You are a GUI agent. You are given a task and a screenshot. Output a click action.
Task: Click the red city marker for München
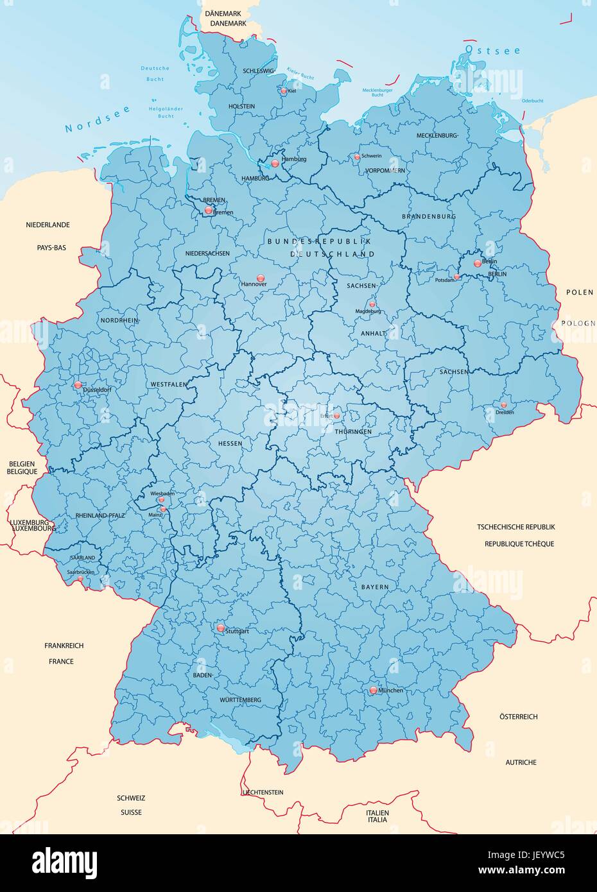pos(374,690)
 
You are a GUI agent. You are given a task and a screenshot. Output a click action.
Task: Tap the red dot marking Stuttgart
pos(221,628)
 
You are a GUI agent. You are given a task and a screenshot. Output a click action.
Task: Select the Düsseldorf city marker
pos(78,385)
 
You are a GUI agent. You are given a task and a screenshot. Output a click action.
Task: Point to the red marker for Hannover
pos(260,278)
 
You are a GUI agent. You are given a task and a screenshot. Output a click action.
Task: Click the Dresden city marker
pos(504,405)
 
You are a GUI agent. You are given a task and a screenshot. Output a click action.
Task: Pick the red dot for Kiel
pos(284,91)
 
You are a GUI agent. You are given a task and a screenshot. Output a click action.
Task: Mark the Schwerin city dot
pos(358,157)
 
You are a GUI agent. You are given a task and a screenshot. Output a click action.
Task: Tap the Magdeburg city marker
pos(372,304)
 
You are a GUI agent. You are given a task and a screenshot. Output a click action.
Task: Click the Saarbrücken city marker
pos(80,578)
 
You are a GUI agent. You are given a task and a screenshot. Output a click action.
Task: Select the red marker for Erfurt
pos(336,415)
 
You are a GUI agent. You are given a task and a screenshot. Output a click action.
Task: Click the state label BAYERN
pos(374,587)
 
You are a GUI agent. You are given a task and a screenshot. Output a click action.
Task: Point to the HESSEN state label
pos(230,443)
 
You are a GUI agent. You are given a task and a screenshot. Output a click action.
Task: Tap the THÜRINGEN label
pos(353,432)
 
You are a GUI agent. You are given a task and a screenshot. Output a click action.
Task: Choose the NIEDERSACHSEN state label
pos(207,253)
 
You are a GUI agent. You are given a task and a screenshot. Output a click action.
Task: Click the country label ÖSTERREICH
pos(519,716)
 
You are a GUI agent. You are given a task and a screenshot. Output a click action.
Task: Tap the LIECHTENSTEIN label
pos(263,793)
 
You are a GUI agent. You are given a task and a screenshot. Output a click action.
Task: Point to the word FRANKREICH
pos(64,646)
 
